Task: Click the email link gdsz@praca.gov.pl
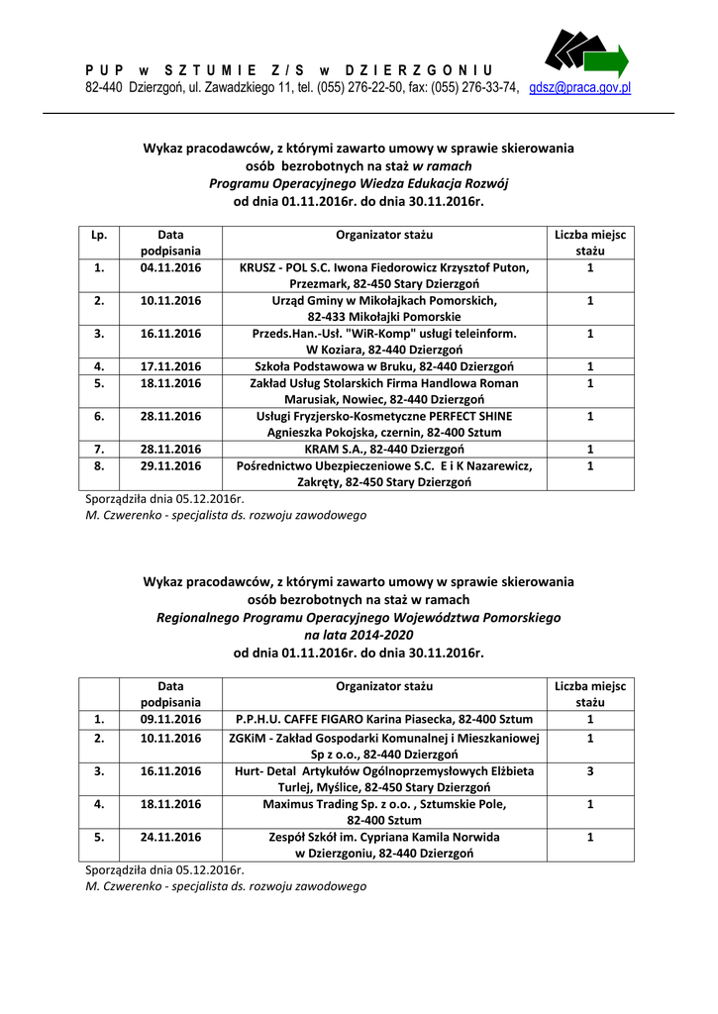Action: pos(580,87)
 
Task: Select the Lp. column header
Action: pos(99,235)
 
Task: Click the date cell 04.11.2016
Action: pos(170,267)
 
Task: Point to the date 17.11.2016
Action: pos(170,366)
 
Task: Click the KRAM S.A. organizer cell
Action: pos(384,449)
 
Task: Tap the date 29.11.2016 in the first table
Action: pos(170,465)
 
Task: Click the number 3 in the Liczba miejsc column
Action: pos(590,770)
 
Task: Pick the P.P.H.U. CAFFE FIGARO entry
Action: pos(384,719)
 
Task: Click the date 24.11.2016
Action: pos(170,836)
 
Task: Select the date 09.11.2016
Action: pos(170,719)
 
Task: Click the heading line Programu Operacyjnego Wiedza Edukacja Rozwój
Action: pos(359,182)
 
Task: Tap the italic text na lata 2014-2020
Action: pos(359,635)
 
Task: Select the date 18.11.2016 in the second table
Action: pos(170,803)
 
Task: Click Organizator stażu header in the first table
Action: pos(384,235)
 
